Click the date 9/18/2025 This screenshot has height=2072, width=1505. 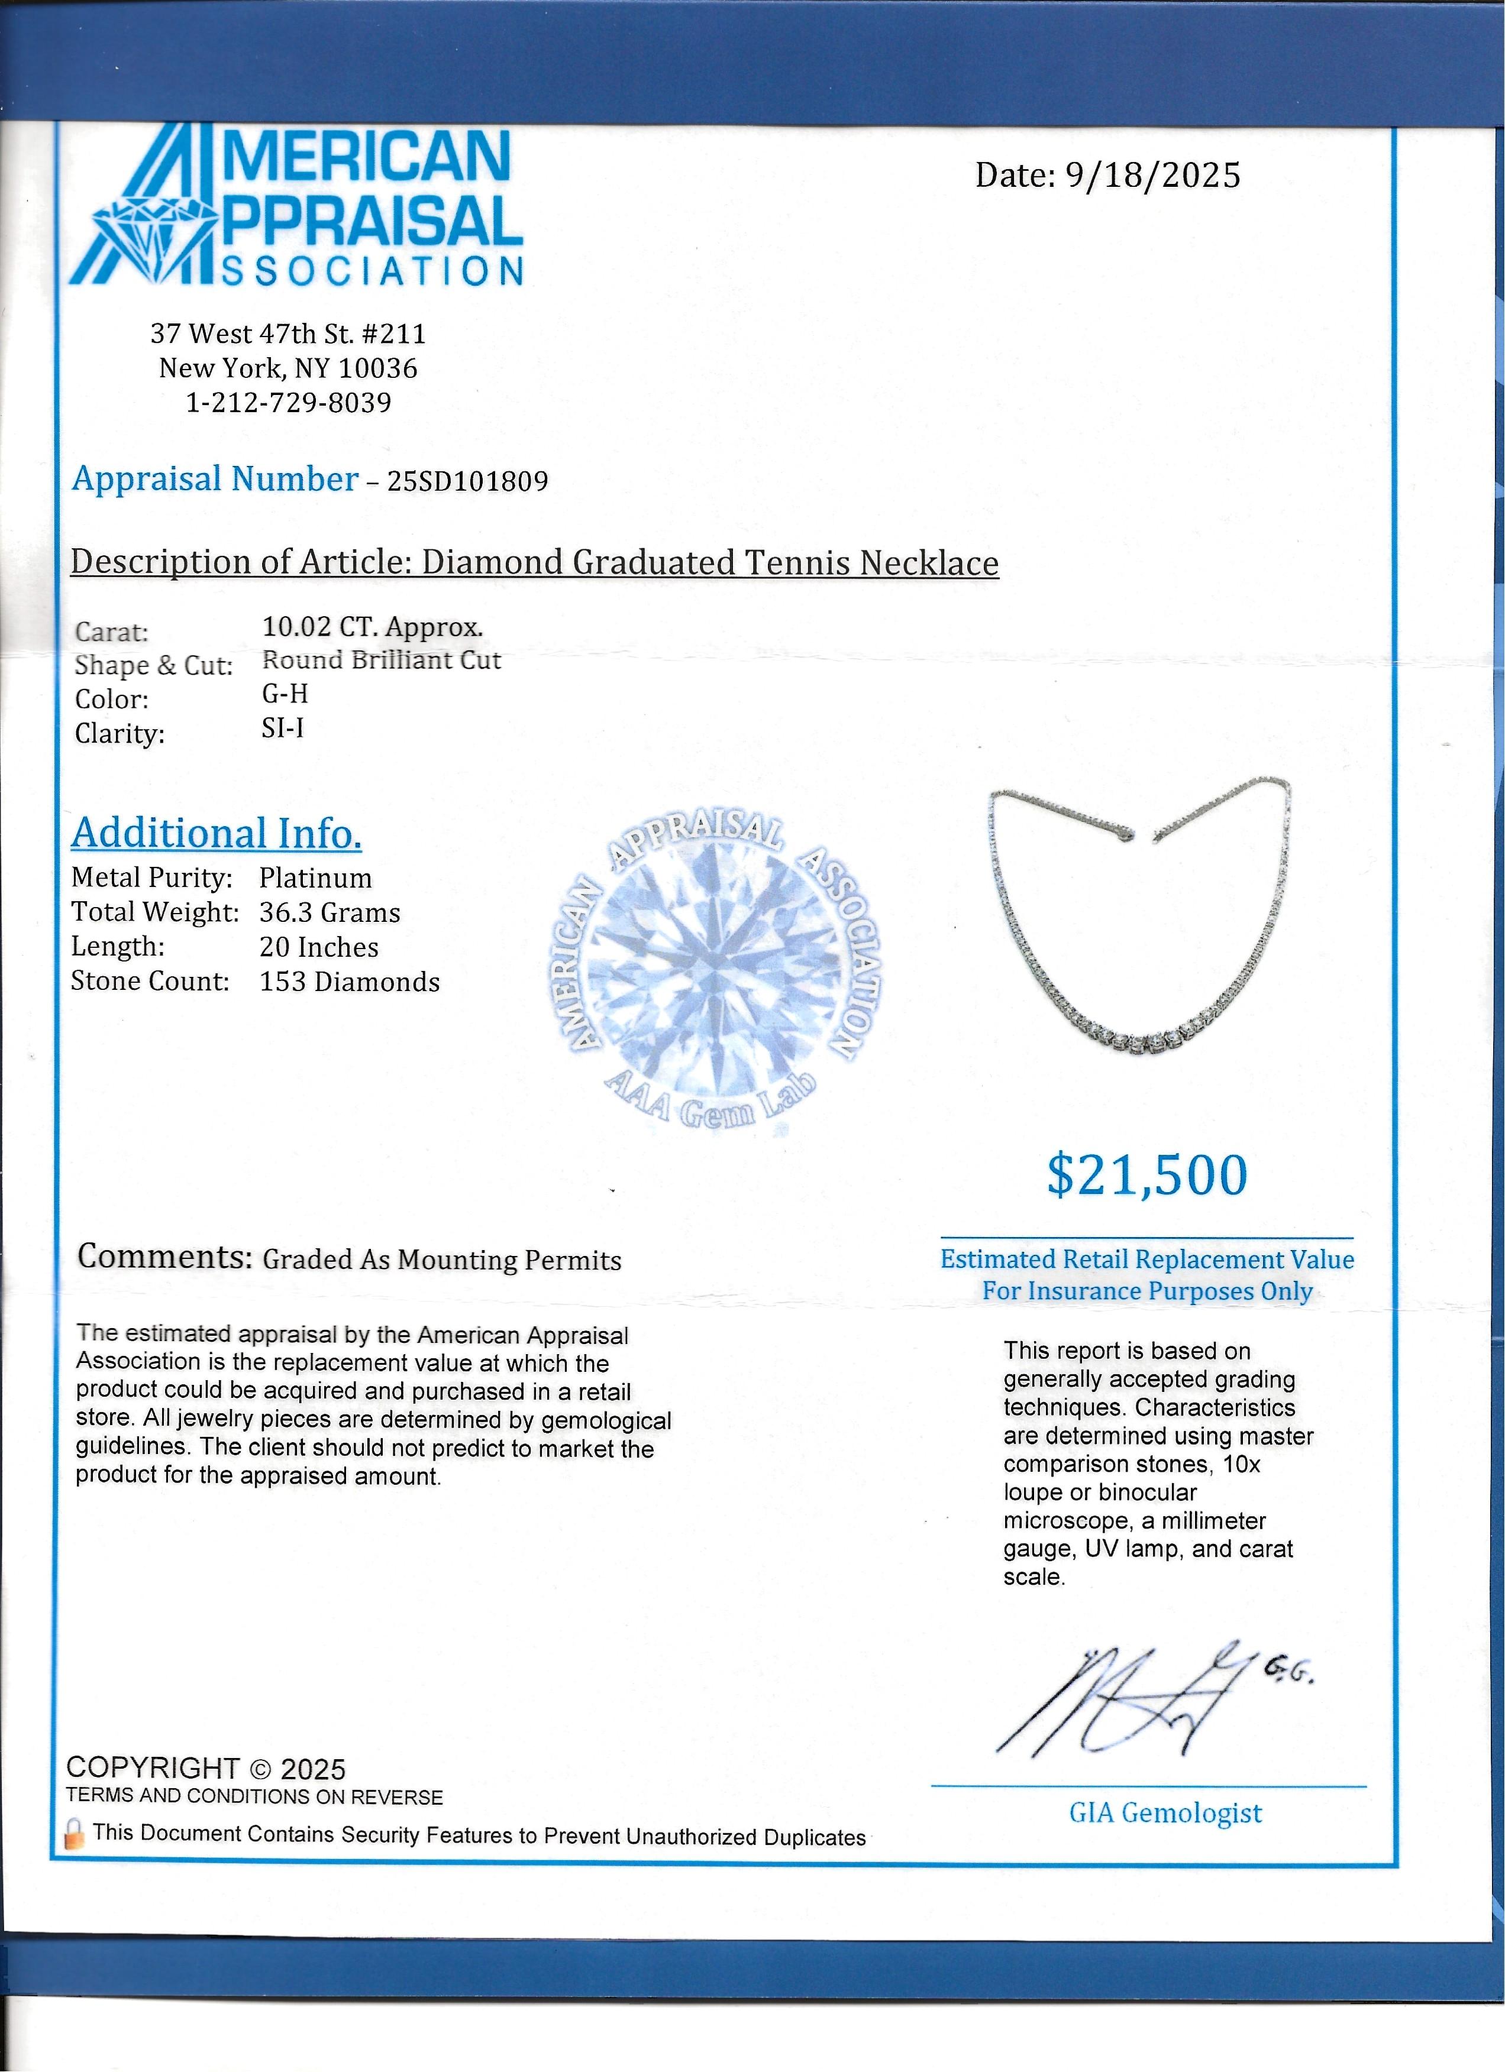click(x=1153, y=174)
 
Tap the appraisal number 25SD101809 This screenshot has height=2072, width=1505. click(x=468, y=481)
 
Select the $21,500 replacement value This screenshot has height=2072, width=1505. click(x=1147, y=1175)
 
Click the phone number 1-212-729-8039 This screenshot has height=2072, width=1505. click(x=289, y=403)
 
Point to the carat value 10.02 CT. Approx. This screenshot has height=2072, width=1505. click(x=373, y=627)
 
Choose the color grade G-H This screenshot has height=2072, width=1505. click(x=285, y=694)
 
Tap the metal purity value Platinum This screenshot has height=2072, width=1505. click(x=315, y=878)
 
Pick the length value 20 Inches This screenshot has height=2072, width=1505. click(x=319, y=947)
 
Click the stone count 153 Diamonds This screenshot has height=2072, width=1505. click(x=349, y=982)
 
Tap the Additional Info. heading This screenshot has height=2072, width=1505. click(x=217, y=833)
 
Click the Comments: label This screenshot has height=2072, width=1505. click(x=164, y=1257)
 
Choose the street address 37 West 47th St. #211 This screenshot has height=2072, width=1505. click(x=289, y=334)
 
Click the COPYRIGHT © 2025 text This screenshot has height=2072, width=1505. click(x=206, y=1770)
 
